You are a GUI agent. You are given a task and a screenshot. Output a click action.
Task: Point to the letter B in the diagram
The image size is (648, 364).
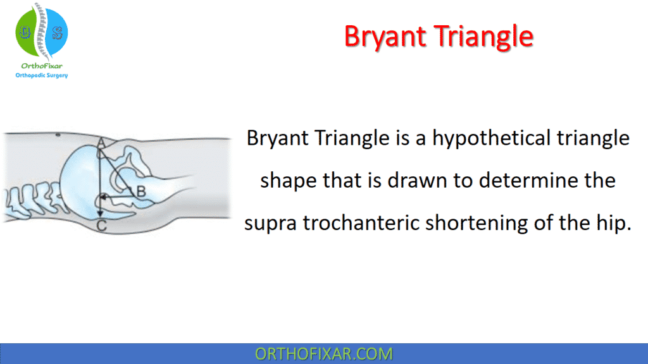141,191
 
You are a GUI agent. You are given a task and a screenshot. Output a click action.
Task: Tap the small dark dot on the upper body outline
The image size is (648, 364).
57,135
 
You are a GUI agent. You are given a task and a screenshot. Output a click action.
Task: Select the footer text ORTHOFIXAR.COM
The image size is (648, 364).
323,354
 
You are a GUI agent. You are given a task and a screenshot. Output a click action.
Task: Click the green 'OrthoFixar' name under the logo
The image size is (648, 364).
41,66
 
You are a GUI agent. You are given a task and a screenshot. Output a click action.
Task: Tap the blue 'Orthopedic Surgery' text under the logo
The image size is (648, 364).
41,75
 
